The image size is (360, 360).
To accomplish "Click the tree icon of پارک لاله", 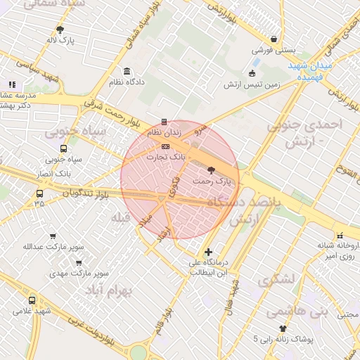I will [x=60, y=30].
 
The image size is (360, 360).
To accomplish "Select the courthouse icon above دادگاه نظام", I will [x=127, y=72].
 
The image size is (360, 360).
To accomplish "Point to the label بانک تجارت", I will [x=165, y=157].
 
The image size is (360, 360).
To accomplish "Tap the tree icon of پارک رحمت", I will [x=212, y=170].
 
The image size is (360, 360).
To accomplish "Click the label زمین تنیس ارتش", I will [x=252, y=84].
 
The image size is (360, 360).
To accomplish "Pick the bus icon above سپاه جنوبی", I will [x=64, y=149].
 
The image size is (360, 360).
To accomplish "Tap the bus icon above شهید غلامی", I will [x=32, y=301].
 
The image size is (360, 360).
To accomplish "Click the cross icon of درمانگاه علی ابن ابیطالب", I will [x=208, y=252].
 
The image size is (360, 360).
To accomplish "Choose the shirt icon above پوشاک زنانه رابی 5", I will [x=283, y=328].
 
